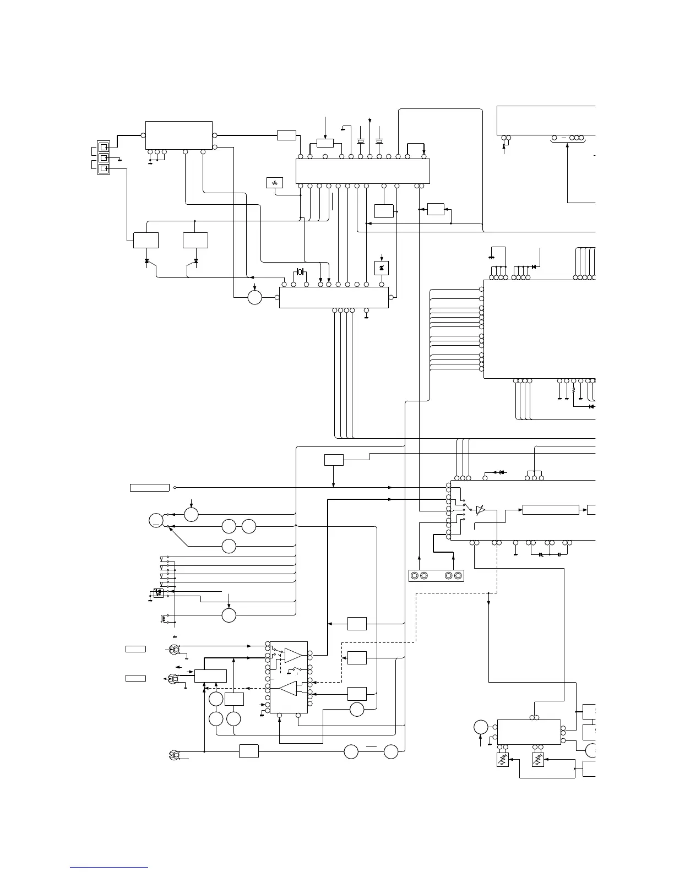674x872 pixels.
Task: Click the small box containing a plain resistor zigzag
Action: click(274, 183)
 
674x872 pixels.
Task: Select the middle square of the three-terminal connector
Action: click(103, 157)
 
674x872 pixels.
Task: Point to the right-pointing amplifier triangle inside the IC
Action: click(293, 655)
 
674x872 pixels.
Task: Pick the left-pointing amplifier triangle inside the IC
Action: click(288, 688)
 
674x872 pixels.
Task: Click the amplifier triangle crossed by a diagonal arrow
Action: click(481, 510)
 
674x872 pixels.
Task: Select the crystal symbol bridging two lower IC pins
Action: click(300, 272)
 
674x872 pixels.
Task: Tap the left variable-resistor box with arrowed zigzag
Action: click(502, 760)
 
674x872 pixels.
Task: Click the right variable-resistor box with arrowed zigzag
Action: click(538, 760)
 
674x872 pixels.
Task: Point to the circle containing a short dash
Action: click(156, 520)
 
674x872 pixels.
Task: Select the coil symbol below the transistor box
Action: click(162, 619)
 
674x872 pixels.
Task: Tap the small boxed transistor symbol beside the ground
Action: click(157, 593)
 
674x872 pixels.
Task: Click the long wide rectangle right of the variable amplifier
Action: click(550, 510)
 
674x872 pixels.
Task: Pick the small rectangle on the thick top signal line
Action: click(286, 135)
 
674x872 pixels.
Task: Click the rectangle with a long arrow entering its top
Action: click(325, 144)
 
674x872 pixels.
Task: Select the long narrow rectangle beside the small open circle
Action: click(149, 487)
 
